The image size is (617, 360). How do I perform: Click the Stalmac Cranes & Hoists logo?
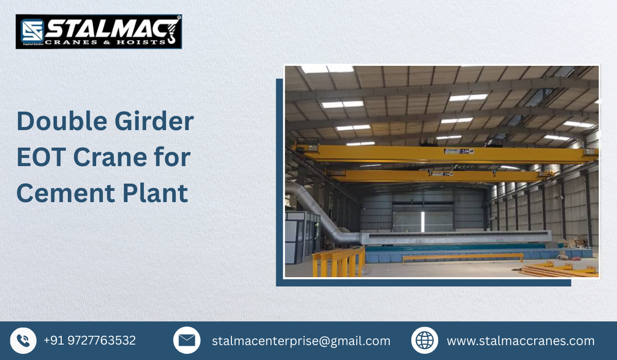point(99,31)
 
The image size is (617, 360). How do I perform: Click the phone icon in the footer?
point(23,340)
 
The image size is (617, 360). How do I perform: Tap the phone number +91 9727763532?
point(89,340)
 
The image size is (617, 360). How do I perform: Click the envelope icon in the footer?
point(187,340)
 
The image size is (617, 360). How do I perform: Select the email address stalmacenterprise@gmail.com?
point(301,341)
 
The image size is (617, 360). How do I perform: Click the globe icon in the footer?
point(424,340)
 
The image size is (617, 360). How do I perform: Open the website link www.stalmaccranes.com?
point(520,341)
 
